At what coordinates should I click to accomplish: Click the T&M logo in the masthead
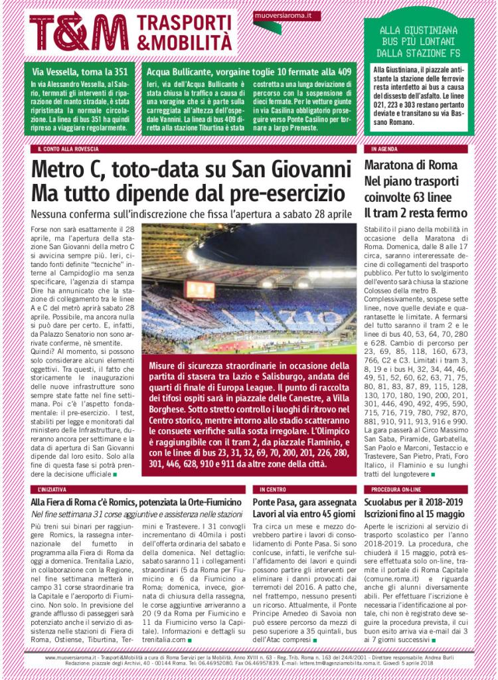coord(79,31)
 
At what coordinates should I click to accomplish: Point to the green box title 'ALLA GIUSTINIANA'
coord(418,31)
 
